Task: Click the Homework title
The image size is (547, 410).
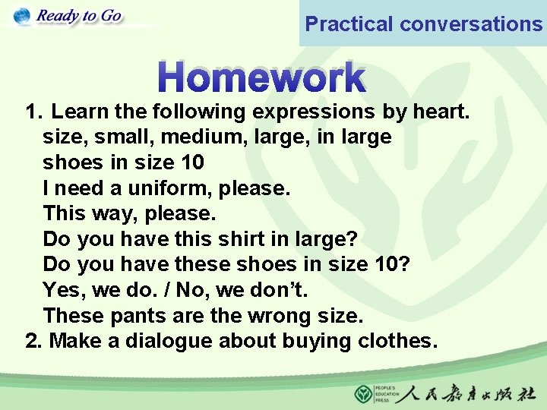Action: (x=262, y=77)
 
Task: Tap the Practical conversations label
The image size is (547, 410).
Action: (x=423, y=24)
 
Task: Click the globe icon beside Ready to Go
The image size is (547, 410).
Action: (x=22, y=16)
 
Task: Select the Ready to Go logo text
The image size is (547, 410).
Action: (x=78, y=16)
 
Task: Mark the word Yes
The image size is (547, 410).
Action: (x=62, y=290)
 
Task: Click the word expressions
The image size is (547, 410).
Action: (x=313, y=112)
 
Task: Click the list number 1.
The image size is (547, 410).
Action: (x=33, y=112)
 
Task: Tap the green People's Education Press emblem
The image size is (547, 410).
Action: (x=364, y=394)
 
